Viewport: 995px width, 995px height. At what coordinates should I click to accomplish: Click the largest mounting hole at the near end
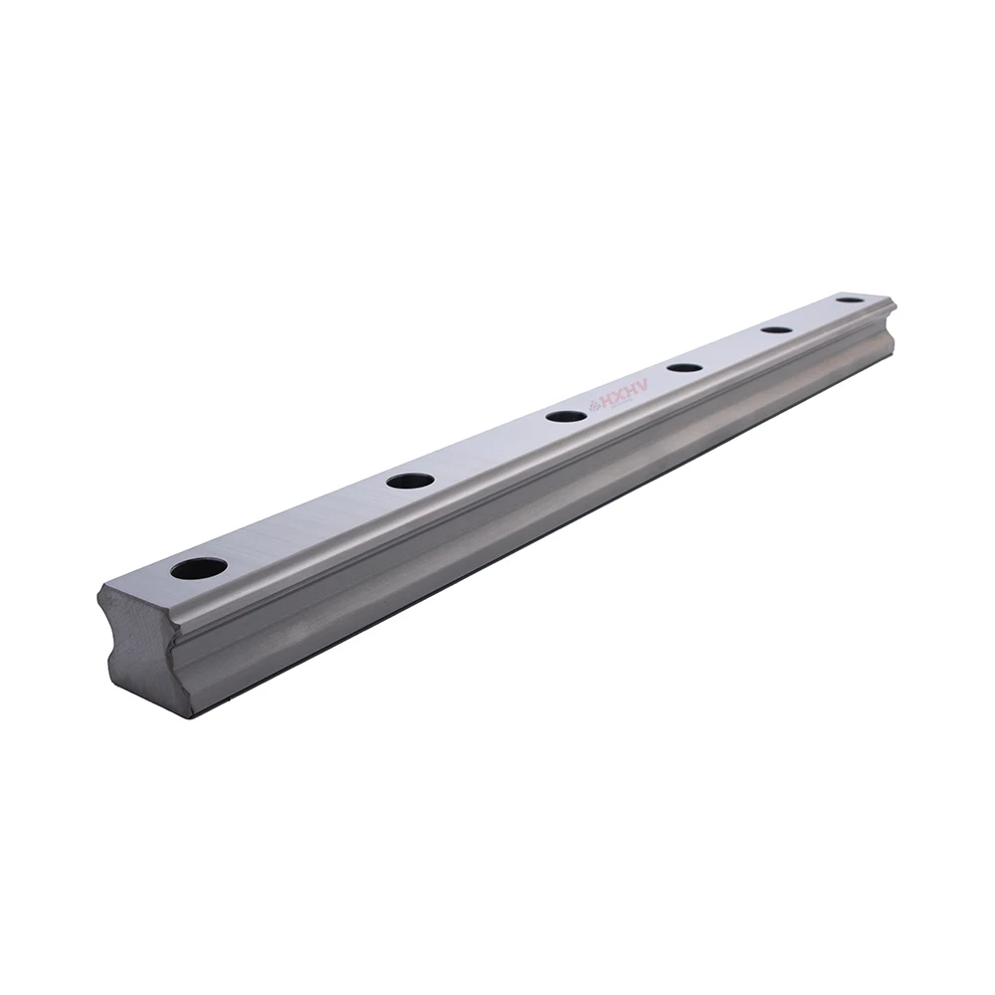[198, 568]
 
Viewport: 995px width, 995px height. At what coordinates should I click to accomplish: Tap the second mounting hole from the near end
[410, 481]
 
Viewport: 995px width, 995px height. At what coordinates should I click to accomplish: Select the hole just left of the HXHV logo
[565, 415]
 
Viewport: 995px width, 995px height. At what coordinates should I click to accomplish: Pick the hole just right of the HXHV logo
[685, 367]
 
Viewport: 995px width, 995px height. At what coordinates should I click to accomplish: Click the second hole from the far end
[776, 329]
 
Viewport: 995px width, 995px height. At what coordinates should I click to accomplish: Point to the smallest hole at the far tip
[849, 299]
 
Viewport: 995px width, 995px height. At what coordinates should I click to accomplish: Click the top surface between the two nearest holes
[303, 524]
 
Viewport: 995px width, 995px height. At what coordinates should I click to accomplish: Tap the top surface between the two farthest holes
[813, 314]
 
